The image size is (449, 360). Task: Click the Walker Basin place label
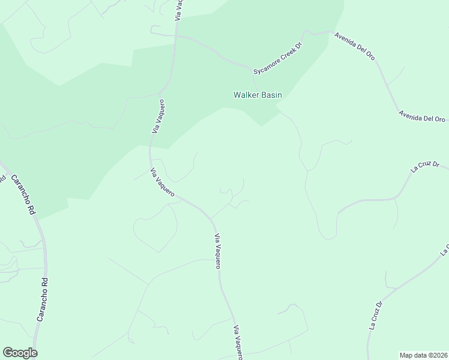point(258,95)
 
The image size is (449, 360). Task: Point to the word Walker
point(246,95)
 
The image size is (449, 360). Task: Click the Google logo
point(20,353)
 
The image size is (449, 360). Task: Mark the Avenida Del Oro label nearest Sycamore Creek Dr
point(355,46)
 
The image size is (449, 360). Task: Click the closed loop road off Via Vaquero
point(155,231)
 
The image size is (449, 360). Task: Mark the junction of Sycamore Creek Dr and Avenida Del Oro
point(330,32)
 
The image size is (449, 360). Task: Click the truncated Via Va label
point(178,10)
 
